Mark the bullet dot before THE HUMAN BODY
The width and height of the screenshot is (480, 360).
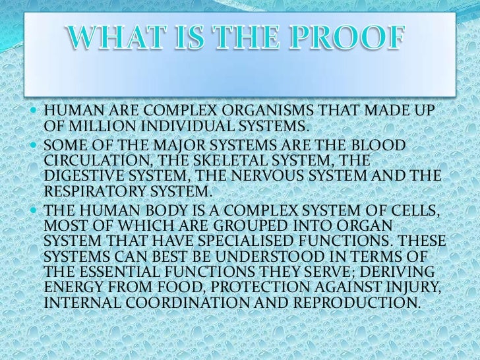(x=35, y=211)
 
